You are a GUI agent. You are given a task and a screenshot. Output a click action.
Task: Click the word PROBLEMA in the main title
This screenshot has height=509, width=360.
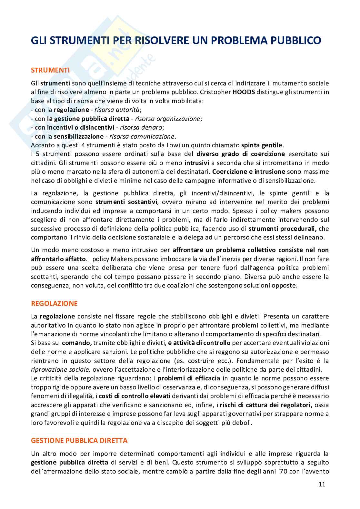[244, 40]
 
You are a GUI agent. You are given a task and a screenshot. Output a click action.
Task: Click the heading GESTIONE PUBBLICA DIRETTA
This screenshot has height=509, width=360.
[79, 440]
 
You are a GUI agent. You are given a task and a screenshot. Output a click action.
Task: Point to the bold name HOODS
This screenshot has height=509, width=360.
[244, 92]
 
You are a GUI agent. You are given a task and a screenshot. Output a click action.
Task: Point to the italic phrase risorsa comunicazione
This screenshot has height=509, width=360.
[143, 136]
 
